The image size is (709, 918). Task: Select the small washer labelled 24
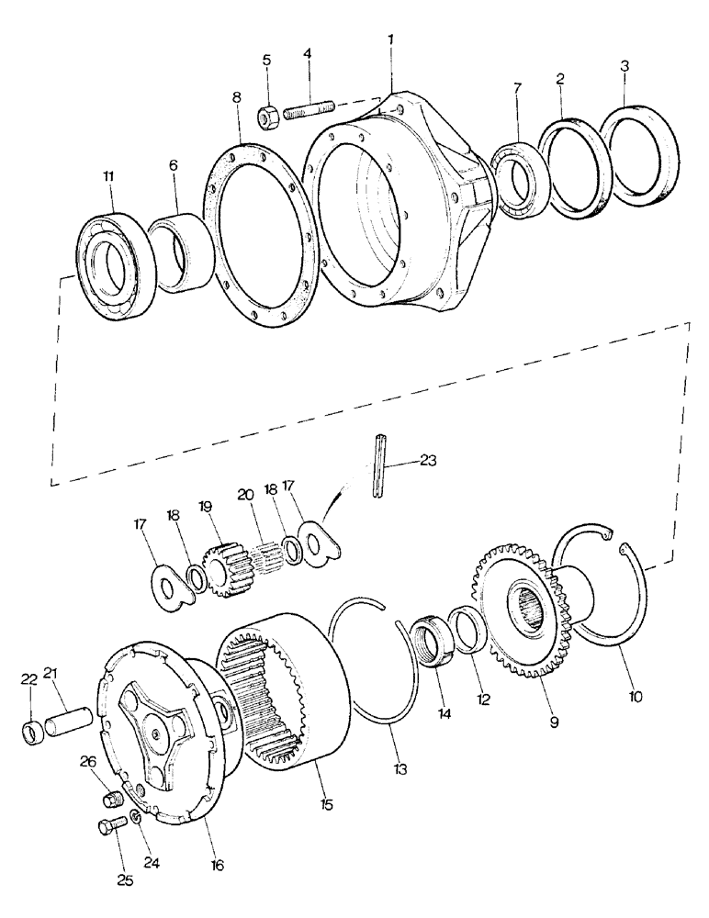(137, 816)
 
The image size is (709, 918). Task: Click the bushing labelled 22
(34, 734)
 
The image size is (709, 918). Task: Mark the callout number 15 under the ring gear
(327, 805)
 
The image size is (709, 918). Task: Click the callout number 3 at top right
(625, 66)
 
